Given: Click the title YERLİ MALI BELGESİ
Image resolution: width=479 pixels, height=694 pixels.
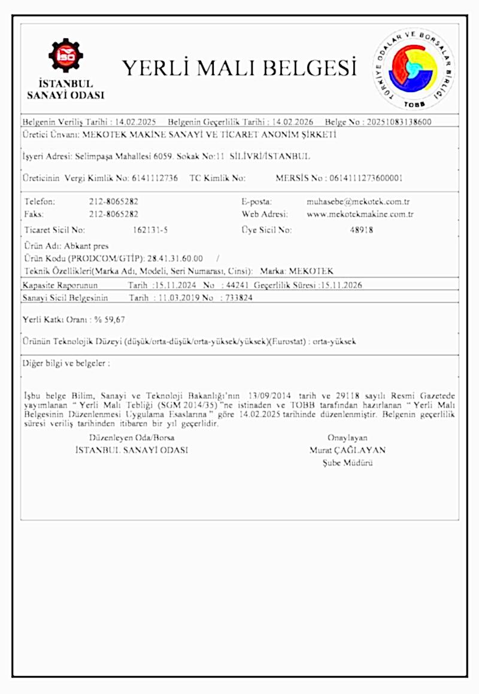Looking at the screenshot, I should coord(239,68).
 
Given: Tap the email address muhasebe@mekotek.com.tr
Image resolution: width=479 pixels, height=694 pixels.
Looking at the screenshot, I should coord(357,202).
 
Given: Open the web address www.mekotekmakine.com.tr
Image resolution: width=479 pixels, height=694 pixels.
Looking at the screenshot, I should coord(360,214).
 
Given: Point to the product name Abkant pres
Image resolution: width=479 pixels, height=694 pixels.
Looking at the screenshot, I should coord(87,246).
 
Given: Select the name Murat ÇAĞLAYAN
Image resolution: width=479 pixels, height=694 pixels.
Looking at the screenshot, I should coord(347,451).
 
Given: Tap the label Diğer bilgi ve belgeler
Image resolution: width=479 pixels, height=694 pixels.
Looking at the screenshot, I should coord(66,363).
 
